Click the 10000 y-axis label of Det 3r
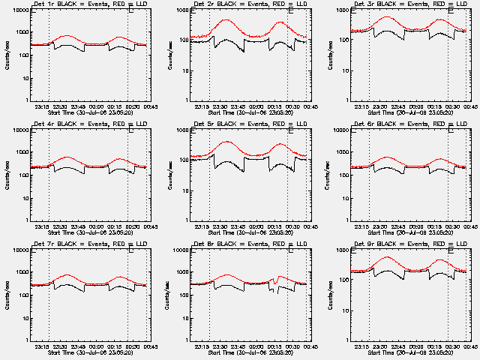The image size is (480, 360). click(337, 10)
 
